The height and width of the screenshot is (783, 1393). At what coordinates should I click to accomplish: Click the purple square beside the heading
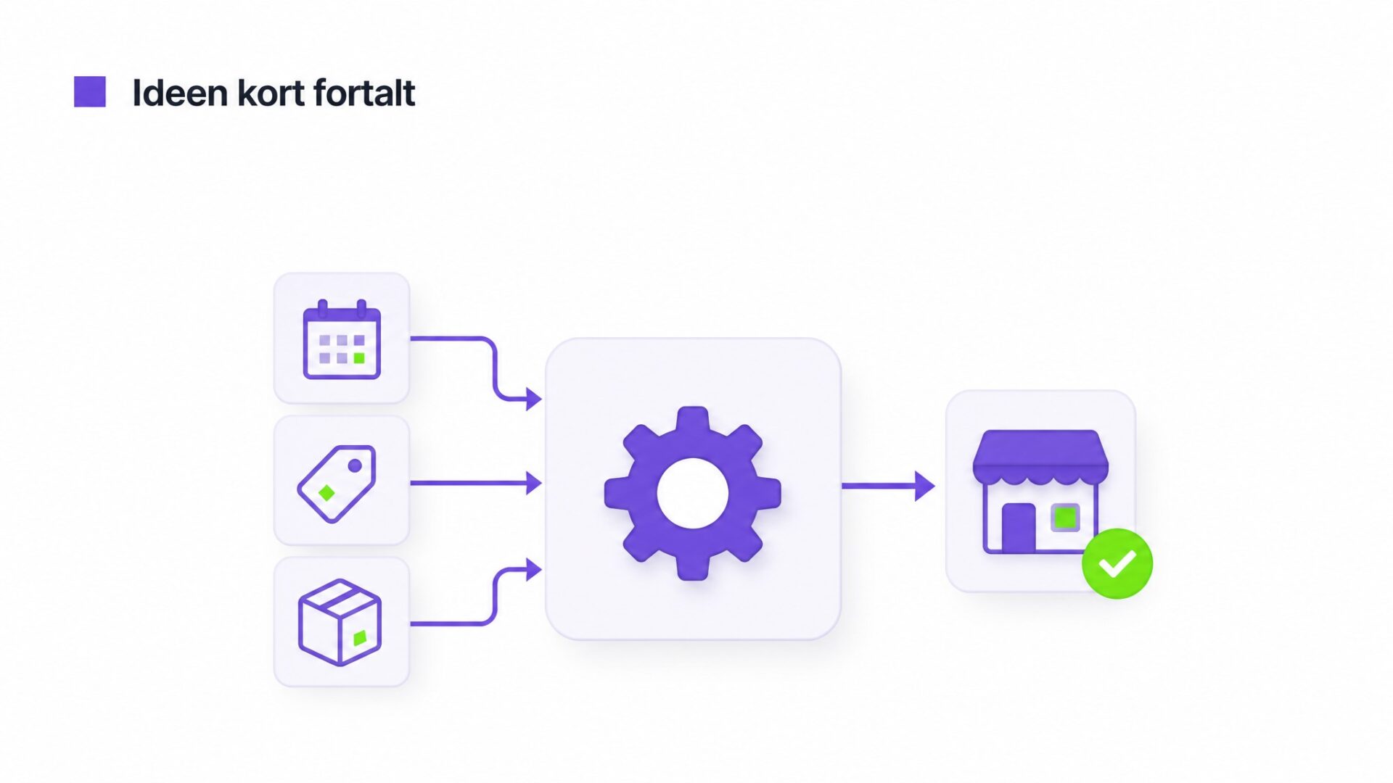[x=90, y=92]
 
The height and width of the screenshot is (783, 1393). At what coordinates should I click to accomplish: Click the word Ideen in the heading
[x=180, y=93]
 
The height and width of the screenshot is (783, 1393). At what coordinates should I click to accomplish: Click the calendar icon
[x=342, y=339]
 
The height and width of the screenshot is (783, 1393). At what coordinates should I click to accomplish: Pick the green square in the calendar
[x=359, y=358]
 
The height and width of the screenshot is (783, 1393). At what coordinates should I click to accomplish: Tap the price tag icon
[x=337, y=483]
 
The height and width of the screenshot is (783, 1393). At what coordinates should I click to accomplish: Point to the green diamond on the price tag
[x=326, y=493]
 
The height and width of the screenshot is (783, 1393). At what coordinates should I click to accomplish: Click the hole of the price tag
[x=355, y=465]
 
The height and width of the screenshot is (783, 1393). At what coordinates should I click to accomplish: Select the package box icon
[x=340, y=622]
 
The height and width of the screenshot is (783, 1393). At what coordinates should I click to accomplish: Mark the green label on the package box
[x=360, y=638]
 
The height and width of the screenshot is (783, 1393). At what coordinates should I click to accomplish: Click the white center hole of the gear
[x=693, y=493]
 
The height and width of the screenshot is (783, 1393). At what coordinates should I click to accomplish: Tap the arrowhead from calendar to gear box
[x=534, y=399]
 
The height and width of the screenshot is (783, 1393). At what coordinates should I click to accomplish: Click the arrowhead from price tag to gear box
[x=534, y=483]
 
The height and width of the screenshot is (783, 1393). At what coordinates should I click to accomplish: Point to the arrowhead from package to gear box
[x=534, y=570]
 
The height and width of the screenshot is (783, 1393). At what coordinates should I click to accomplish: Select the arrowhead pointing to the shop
[x=925, y=486]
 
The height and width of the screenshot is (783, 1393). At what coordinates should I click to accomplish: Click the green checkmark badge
[x=1117, y=563]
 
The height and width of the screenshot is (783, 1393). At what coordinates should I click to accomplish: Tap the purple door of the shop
[x=1019, y=527]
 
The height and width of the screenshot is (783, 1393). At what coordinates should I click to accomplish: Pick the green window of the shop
[x=1065, y=518]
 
